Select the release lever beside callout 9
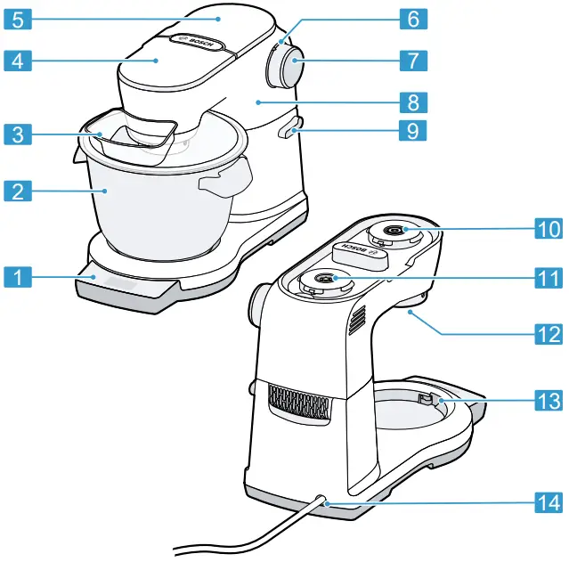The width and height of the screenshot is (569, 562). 289,130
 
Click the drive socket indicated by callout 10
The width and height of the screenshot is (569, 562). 393,232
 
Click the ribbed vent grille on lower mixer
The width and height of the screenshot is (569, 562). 297,403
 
